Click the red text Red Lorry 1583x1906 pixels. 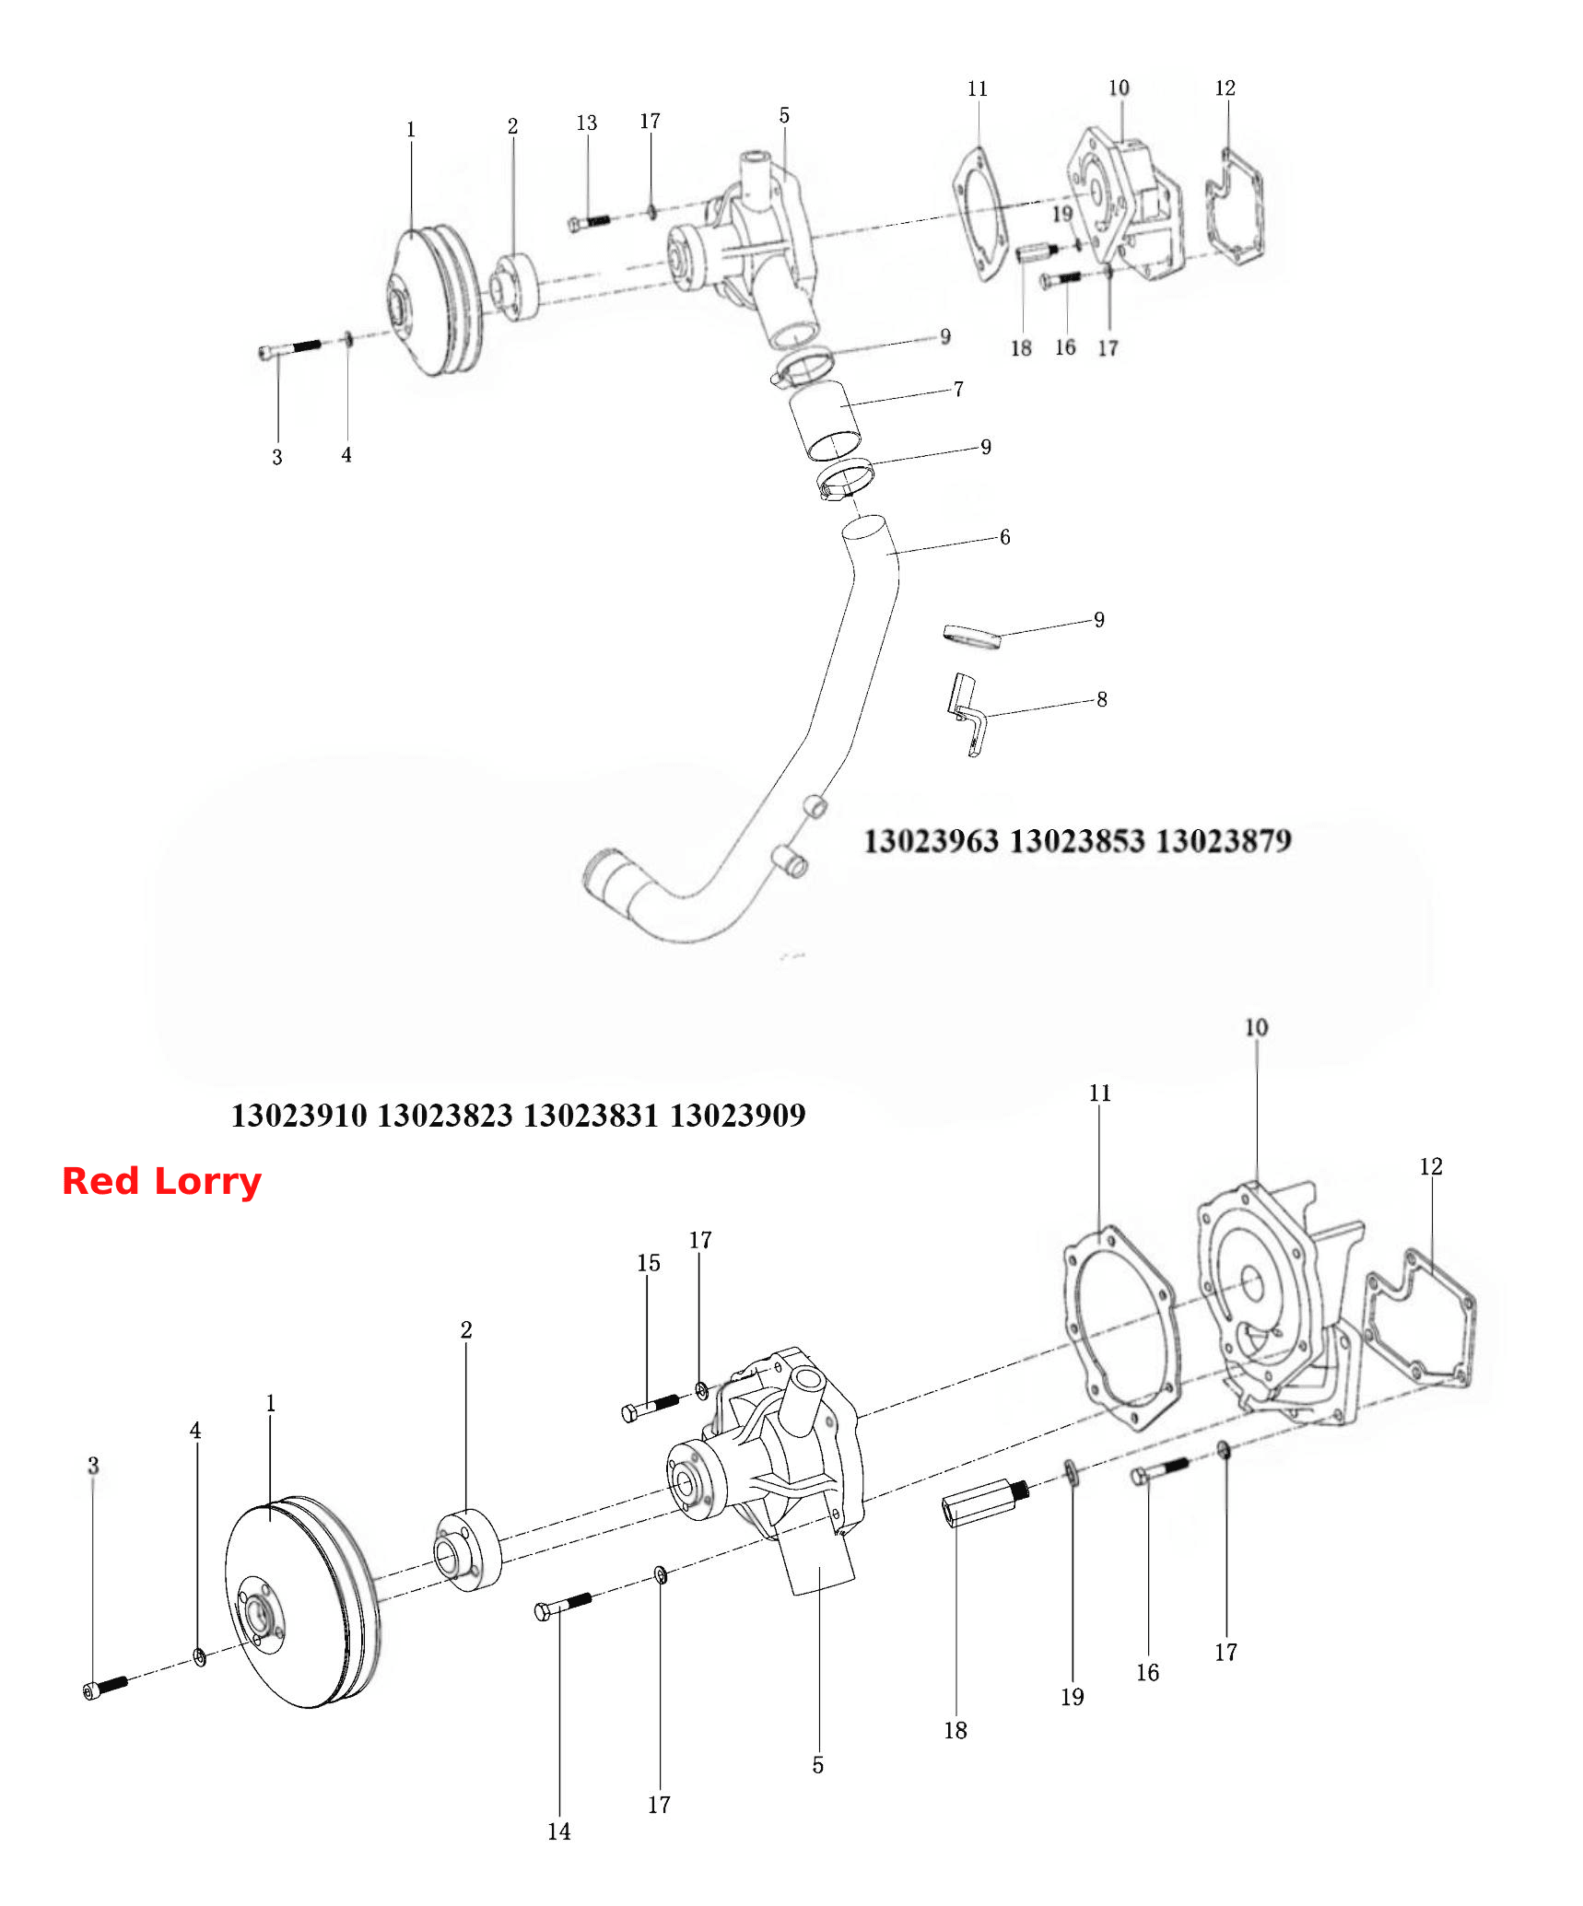pyautogui.click(x=161, y=1181)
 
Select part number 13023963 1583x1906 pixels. pyautogui.click(x=932, y=841)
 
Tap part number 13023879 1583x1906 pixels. pyautogui.click(x=1224, y=841)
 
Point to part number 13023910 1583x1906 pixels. pyautogui.click(x=299, y=1116)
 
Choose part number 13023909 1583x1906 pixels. pyautogui.click(x=738, y=1116)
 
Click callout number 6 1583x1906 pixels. pyautogui.click(x=1004, y=537)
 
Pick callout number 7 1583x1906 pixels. pyautogui.click(x=958, y=390)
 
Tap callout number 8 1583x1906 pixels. pyautogui.click(x=1101, y=700)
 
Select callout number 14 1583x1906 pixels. pyautogui.click(x=558, y=1831)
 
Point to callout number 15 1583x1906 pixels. pyautogui.click(x=649, y=1263)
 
